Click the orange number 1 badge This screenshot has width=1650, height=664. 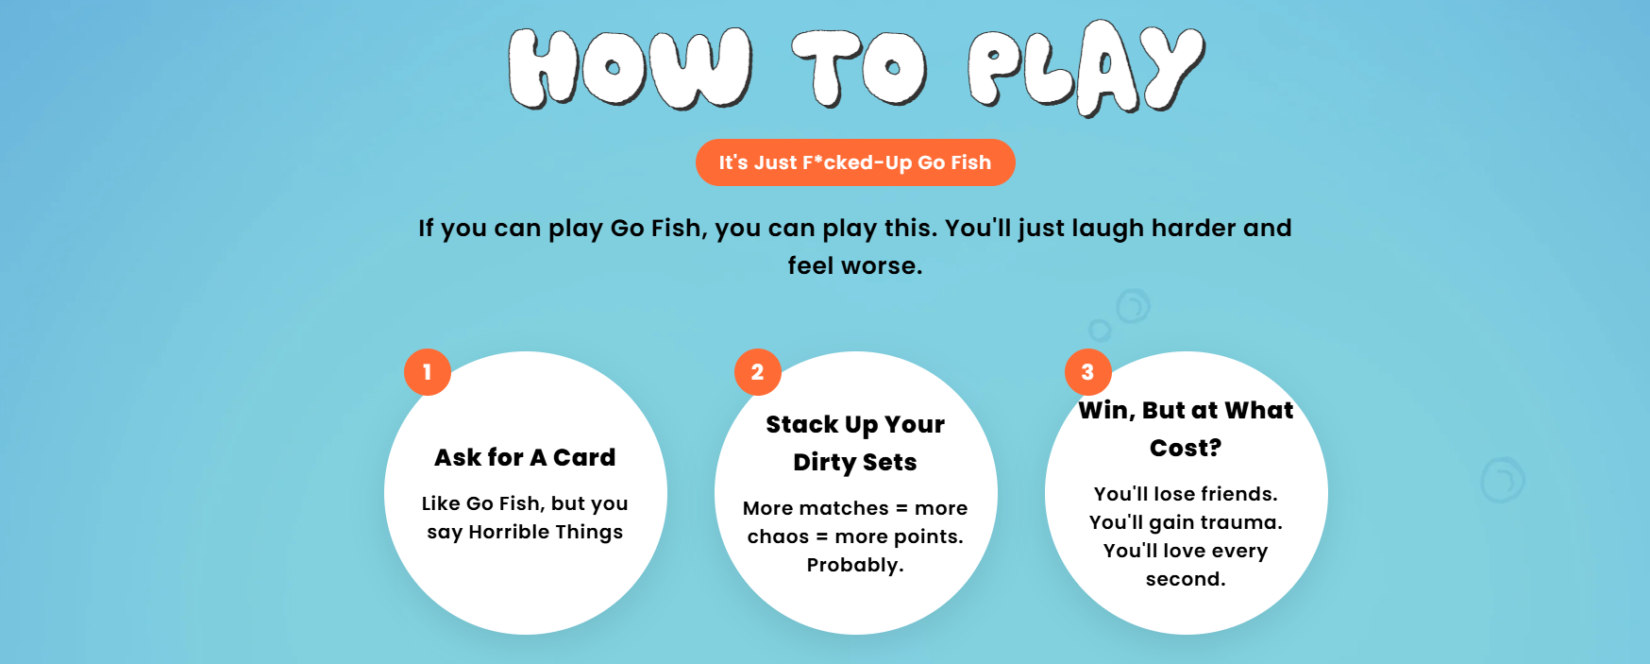point(428,372)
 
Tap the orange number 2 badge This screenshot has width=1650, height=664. point(758,372)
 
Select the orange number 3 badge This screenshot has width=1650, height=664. point(1088,372)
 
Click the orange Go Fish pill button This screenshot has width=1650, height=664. point(855,162)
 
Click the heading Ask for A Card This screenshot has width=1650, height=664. point(525,457)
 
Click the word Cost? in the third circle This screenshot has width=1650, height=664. point(1186,448)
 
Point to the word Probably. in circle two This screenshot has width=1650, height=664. point(855,565)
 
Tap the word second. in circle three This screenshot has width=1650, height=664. point(1186,579)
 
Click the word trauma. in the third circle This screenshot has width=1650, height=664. point(1241,522)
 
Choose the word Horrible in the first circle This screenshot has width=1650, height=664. point(509,532)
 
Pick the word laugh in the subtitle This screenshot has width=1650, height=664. point(1107,229)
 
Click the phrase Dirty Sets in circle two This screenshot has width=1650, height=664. point(855,462)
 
